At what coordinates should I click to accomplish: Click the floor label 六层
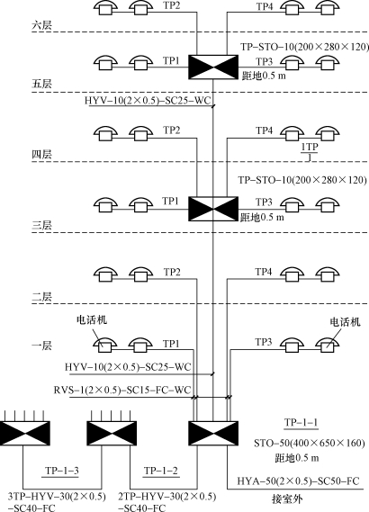coord(41,25)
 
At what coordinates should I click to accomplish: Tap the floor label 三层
coord(41,225)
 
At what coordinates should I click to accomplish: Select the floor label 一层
coord(41,346)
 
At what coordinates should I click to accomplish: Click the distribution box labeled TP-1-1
coord(213,434)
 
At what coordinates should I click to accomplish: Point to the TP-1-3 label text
coord(62,471)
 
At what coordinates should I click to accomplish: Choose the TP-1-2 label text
coord(161,471)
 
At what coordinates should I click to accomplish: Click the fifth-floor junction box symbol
coord(213,67)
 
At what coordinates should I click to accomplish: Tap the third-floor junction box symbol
coord(213,209)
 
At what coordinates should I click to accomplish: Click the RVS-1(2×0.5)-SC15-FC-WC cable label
coord(122,390)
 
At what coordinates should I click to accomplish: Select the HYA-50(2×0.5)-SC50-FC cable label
coord(298,481)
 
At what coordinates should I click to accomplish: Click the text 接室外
coord(287,499)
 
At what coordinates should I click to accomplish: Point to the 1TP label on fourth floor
coord(310,148)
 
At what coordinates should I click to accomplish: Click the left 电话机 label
coord(92,319)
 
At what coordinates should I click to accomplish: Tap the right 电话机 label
coord(346,322)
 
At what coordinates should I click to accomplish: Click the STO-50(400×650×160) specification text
coord(310,443)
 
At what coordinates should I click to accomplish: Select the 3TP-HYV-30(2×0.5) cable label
coord(57,497)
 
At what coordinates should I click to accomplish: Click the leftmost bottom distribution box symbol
coord(25,434)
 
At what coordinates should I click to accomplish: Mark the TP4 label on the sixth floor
coord(265,6)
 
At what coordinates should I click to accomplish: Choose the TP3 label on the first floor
coord(264,342)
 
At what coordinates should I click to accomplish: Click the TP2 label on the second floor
coord(172,272)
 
